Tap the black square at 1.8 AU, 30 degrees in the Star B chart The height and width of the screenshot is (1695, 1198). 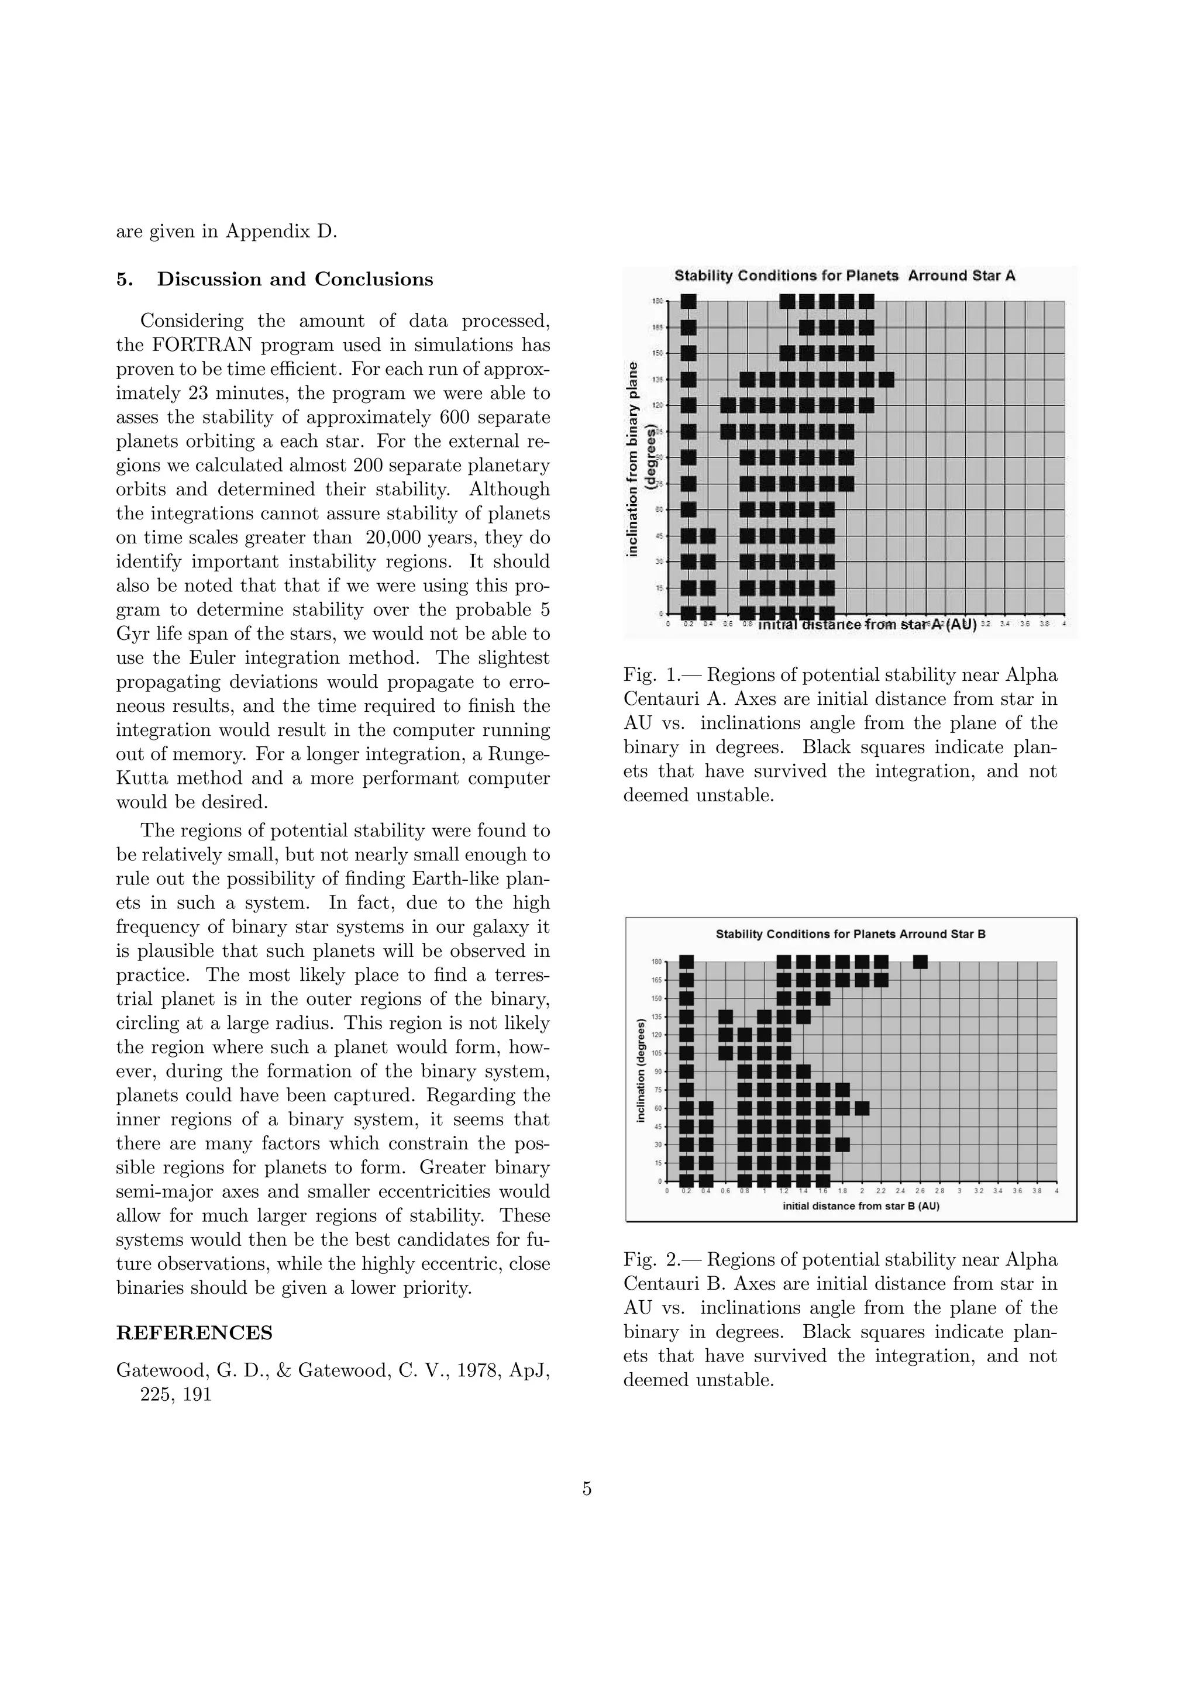[842, 1144]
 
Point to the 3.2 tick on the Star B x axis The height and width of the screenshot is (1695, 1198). [979, 1191]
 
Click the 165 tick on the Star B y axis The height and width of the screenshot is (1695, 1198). [656, 980]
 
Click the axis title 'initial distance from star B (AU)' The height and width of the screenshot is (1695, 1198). [860, 1206]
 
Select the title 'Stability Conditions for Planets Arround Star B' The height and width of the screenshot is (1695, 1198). [851, 934]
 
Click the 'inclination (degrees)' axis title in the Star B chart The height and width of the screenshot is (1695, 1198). [641, 1070]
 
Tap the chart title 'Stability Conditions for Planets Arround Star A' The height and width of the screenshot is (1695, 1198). [845, 276]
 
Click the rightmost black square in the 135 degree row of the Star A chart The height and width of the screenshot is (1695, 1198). [886, 380]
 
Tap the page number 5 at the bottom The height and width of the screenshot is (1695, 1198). [587, 1489]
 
